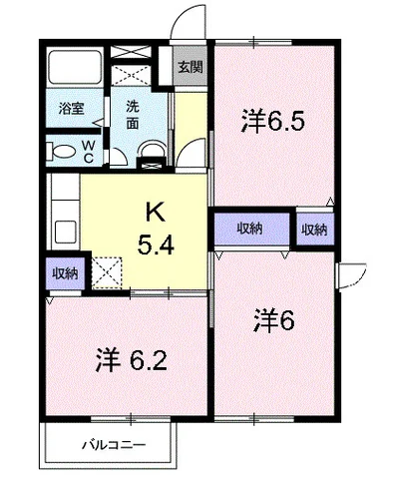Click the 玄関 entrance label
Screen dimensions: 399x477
pos(191,68)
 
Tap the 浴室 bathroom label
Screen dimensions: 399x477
pos(71,109)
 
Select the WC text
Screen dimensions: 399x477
pos(89,152)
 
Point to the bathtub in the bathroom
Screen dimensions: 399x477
pos(75,67)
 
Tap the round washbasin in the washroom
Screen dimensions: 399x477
pos(153,149)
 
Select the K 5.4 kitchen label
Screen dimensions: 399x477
pos(156,230)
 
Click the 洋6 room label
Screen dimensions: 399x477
pos(274,321)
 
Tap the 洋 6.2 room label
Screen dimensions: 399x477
pos(131,361)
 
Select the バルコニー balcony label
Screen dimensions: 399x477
pos(114,445)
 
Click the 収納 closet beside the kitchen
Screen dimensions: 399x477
pos(65,273)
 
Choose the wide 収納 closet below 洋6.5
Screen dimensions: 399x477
pos(251,229)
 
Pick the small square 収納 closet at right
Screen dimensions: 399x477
pos(315,230)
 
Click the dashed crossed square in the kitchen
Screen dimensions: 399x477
pos(107,272)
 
